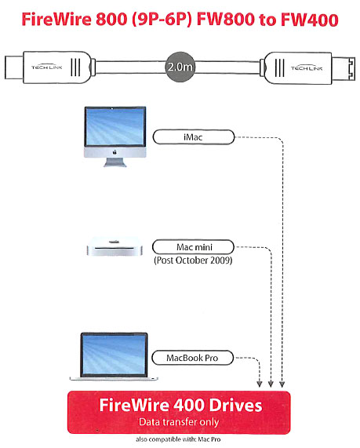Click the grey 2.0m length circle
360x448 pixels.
[x=180, y=67]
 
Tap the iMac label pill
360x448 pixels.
[x=194, y=137]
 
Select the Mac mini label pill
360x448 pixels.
[x=193, y=247]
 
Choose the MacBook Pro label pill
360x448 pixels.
[x=192, y=358]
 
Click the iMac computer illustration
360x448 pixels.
[x=115, y=137]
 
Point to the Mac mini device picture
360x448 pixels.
[x=115, y=247]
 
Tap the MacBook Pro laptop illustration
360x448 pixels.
[x=114, y=356]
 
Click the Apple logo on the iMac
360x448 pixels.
[x=115, y=152]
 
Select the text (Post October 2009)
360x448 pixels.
[x=193, y=260]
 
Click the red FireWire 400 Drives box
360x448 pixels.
[x=179, y=412]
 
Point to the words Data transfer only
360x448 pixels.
[x=179, y=422]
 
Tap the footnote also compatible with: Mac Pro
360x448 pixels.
[x=178, y=439]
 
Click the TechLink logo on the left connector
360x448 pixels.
[x=46, y=67]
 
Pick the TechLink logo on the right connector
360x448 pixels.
[x=307, y=68]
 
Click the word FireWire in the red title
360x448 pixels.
[x=56, y=20]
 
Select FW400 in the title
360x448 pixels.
[x=310, y=20]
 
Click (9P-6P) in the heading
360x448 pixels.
[x=162, y=20]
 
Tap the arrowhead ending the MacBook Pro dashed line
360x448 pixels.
[x=260, y=384]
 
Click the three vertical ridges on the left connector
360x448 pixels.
[x=75, y=67]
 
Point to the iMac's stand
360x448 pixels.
[x=115, y=162]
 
